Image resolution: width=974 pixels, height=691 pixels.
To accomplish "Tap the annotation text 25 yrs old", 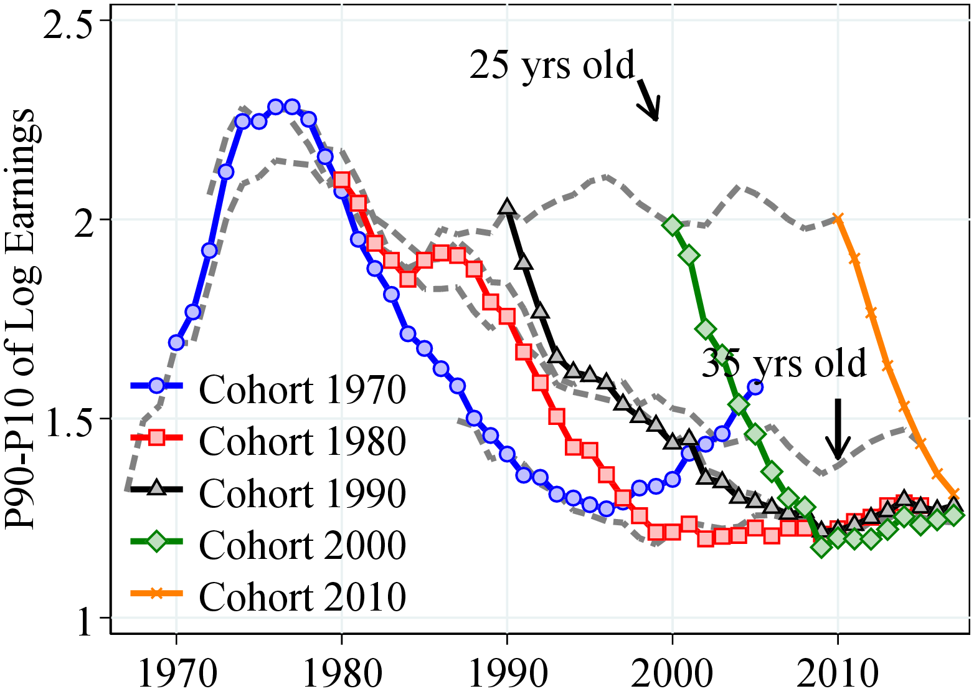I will pos(552,65).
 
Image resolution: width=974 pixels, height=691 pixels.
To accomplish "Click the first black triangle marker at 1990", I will pos(508,207).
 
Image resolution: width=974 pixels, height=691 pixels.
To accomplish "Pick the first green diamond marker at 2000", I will pos(673,225).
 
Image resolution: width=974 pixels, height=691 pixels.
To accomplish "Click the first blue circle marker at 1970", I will pos(176,342).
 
